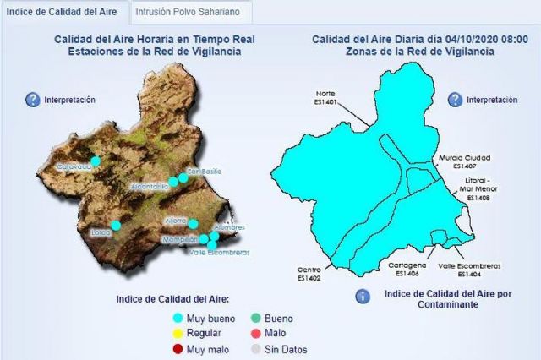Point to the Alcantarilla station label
click(155, 186)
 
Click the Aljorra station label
click(177, 221)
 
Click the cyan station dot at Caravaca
click(96, 160)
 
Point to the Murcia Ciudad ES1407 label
click(464, 161)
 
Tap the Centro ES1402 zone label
click(309, 273)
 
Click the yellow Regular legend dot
click(178, 334)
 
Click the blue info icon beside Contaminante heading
click(362, 297)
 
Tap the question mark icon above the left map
click(33, 100)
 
